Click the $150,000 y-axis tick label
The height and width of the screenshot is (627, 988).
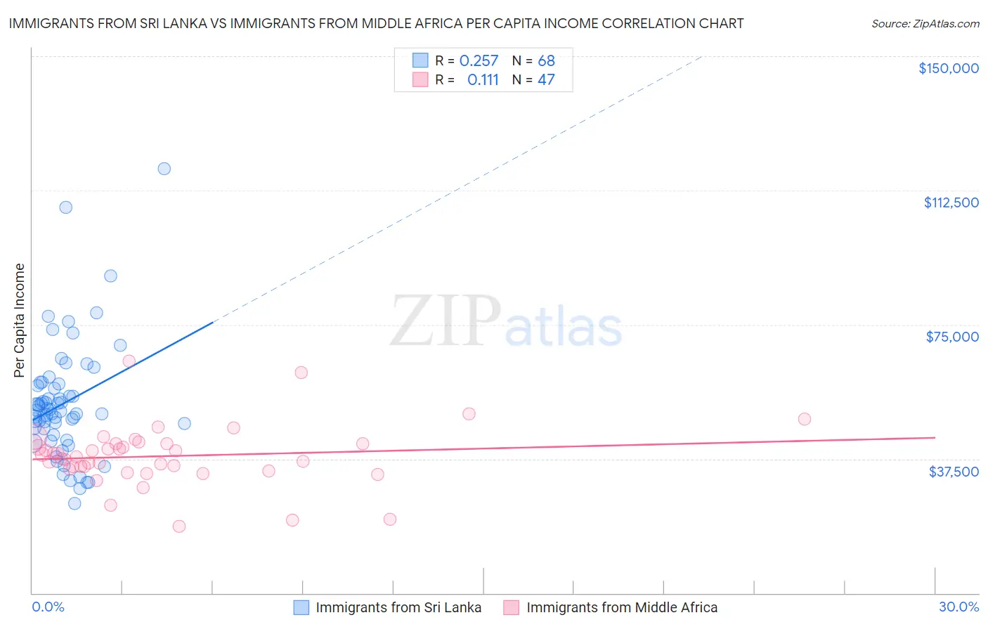(x=948, y=68)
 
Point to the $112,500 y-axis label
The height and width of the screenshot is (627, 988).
(x=951, y=202)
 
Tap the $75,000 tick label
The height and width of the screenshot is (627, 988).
(x=952, y=337)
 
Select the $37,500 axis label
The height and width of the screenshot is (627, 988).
(x=953, y=472)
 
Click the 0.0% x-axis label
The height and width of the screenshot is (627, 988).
(x=48, y=607)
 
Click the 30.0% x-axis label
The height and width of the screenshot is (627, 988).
(x=958, y=607)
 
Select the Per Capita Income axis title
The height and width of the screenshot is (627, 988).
(x=20, y=320)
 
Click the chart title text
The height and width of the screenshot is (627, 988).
(x=376, y=23)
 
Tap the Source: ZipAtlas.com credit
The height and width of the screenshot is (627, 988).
(x=925, y=24)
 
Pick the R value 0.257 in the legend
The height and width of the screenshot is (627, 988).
(x=479, y=61)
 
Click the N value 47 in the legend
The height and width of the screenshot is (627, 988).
(x=546, y=80)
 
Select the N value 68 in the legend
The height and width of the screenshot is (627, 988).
(x=546, y=61)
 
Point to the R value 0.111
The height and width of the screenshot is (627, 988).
(x=483, y=80)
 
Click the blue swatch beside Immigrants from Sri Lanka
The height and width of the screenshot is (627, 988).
(x=301, y=607)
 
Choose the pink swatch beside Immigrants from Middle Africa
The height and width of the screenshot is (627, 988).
(x=512, y=607)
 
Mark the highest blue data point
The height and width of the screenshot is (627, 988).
(x=164, y=169)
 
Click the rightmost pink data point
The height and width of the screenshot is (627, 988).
(x=805, y=419)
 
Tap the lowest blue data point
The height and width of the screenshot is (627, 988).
(x=74, y=503)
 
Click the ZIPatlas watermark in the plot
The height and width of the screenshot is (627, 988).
(x=506, y=322)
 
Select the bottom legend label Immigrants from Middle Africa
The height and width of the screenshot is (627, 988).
(x=622, y=607)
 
